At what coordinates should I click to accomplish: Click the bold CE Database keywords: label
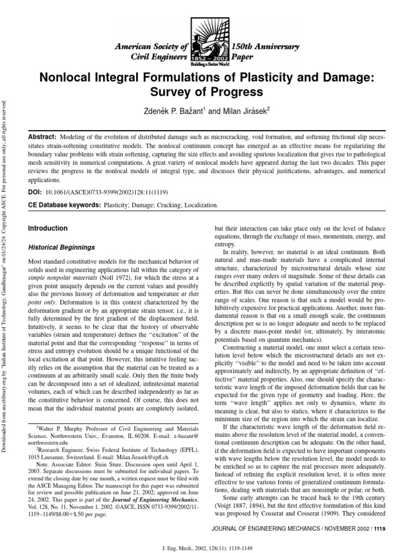(x=64, y=206)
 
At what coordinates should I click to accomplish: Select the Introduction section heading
(x=48, y=228)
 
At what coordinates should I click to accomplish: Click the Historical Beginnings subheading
(x=61, y=247)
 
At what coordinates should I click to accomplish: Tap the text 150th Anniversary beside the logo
(x=265, y=47)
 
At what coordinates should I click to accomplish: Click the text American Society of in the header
(x=151, y=47)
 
